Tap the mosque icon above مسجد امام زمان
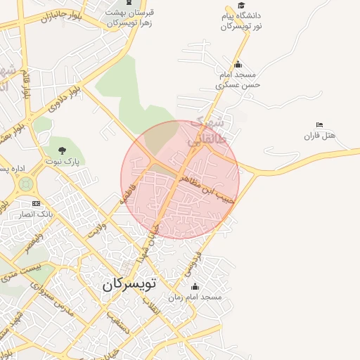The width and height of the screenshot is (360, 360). click(195, 287)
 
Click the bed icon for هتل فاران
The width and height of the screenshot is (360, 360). click(320, 125)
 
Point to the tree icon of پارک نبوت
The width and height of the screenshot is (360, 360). click(63, 150)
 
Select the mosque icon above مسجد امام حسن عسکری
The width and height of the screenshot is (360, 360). click(238, 65)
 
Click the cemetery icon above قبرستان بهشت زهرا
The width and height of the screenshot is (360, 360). click(130, 4)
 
